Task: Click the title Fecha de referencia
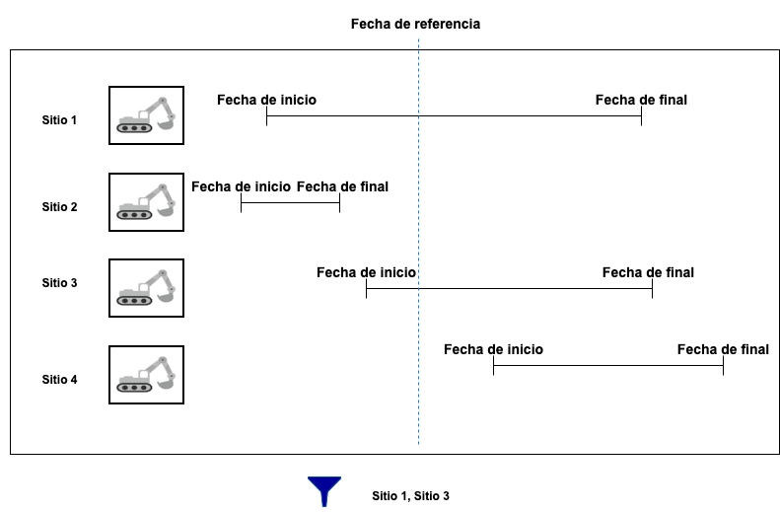point(415,24)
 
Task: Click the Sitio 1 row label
point(59,120)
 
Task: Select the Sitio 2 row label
point(59,207)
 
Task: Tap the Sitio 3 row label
point(59,283)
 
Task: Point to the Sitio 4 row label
point(59,380)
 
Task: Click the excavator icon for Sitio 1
point(146,114)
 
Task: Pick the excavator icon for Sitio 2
point(146,202)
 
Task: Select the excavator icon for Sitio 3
point(146,288)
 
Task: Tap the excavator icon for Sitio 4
point(146,375)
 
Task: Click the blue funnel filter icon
point(323,490)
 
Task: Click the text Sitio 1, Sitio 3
point(410,495)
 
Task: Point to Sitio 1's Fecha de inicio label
point(266,100)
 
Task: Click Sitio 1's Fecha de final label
point(641,100)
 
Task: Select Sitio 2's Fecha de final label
point(342,186)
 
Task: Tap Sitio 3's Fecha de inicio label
point(366,272)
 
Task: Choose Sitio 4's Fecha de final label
point(723,349)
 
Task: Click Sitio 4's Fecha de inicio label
point(493,349)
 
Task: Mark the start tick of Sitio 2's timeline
point(242,203)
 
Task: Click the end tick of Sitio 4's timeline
point(723,366)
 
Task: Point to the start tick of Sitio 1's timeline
point(266,116)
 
